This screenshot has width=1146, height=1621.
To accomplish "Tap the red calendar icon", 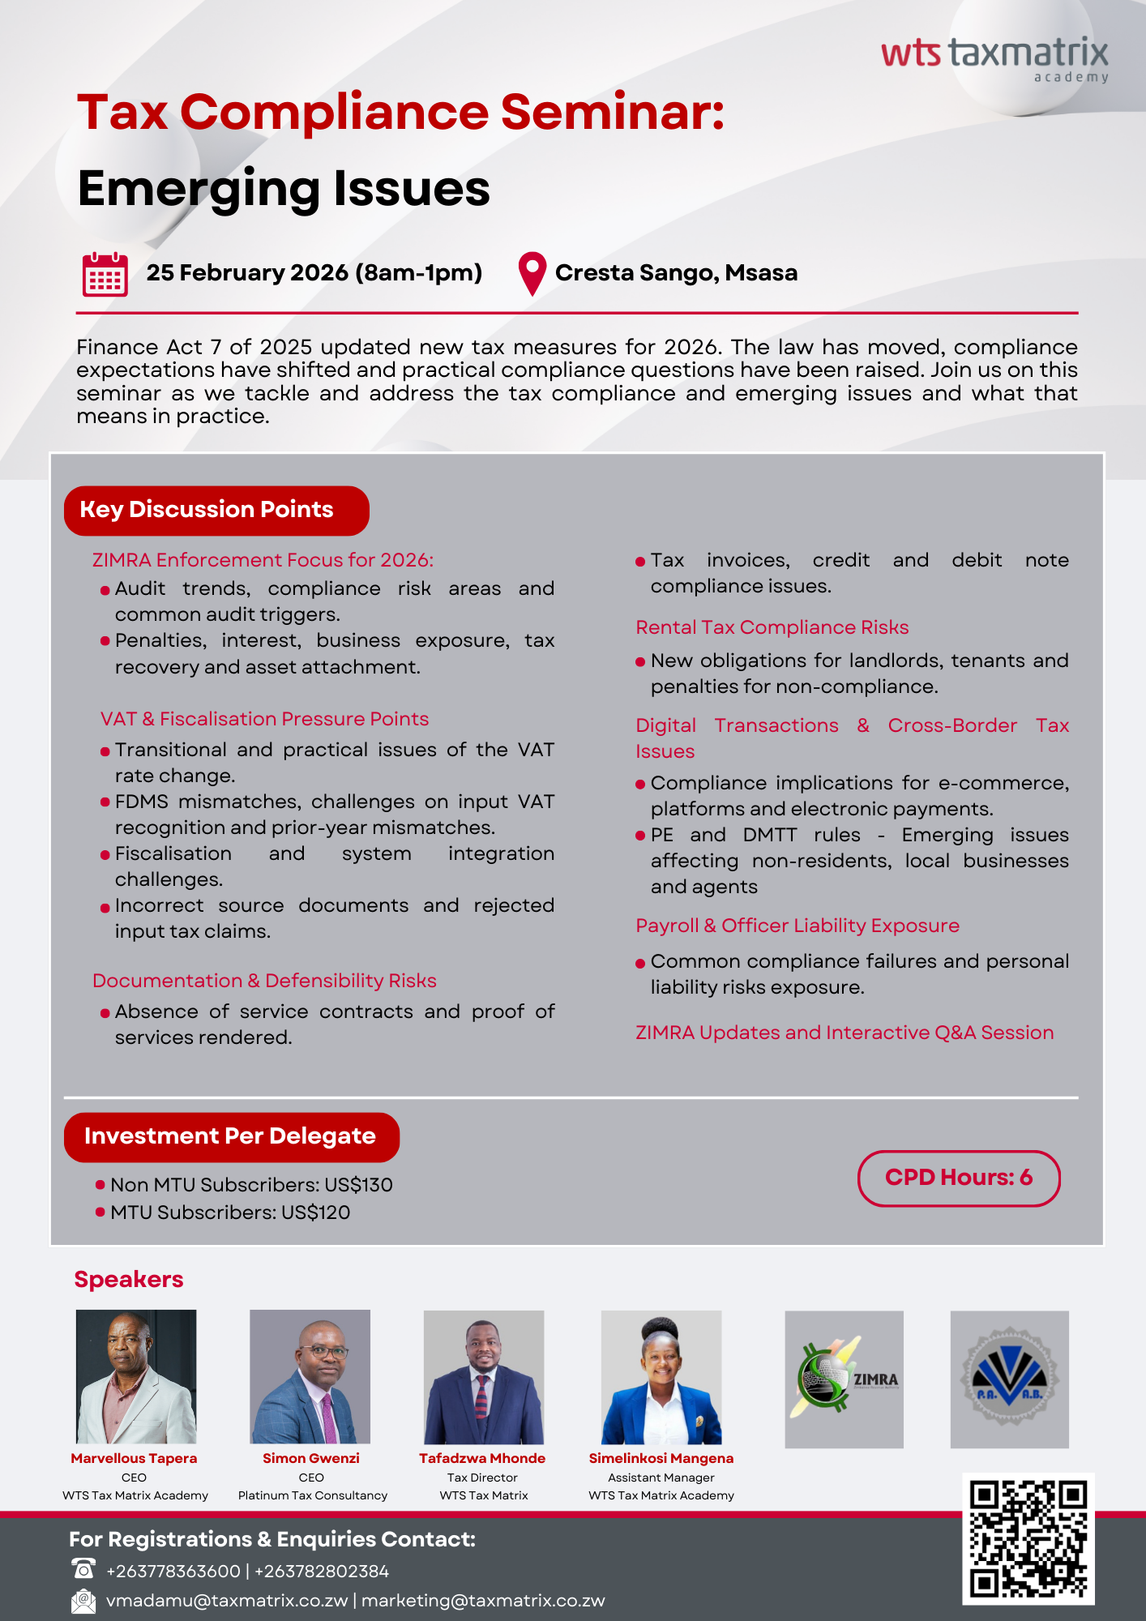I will (105, 275).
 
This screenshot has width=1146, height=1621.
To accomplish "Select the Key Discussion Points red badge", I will (216, 511).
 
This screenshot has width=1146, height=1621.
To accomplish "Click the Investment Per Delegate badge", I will (231, 1136).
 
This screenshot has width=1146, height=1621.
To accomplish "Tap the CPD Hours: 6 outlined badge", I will (959, 1178).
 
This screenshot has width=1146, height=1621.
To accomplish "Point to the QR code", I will (1028, 1538).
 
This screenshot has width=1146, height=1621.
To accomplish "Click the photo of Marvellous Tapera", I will (136, 1376).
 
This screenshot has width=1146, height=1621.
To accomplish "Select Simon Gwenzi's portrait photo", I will (310, 1376).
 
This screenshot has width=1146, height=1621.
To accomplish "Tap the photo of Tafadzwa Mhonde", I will (484, 1376).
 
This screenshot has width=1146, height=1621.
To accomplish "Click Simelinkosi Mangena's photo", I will (661, 1376).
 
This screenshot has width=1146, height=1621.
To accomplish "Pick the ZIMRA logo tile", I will (844, 1379).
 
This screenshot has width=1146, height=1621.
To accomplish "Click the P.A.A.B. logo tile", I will (1009, 1379).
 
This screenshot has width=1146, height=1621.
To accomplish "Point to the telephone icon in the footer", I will (83, 1569).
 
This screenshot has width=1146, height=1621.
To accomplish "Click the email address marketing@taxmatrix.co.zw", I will (483, 1601).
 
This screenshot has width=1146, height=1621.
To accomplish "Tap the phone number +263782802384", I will (322, 1571).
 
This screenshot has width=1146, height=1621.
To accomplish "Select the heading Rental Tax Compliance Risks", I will (772, 627).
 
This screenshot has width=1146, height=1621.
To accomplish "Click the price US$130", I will (358, 1185).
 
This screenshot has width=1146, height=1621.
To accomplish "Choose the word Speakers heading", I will (129, 1279).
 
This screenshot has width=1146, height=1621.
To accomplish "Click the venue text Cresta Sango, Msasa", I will (676, 273).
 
